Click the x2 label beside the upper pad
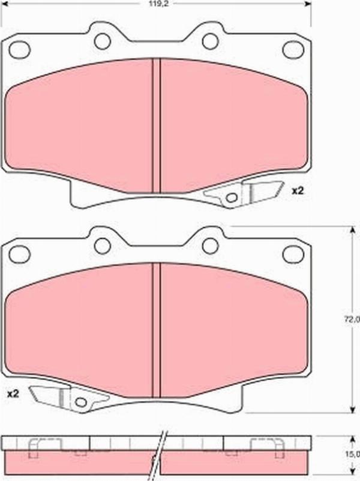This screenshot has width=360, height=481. click(x=297, y=191)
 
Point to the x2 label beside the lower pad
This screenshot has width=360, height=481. click(x=13, y=394)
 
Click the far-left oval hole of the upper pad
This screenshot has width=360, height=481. click(x=20, y=50)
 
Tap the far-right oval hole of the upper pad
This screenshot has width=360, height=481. click(x=293, y=49)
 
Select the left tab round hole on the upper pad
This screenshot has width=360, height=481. click(x=102, y=41)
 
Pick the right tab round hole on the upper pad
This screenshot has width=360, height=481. click(x=211, y=41)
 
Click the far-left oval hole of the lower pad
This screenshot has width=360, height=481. click(x=20, y=254)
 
